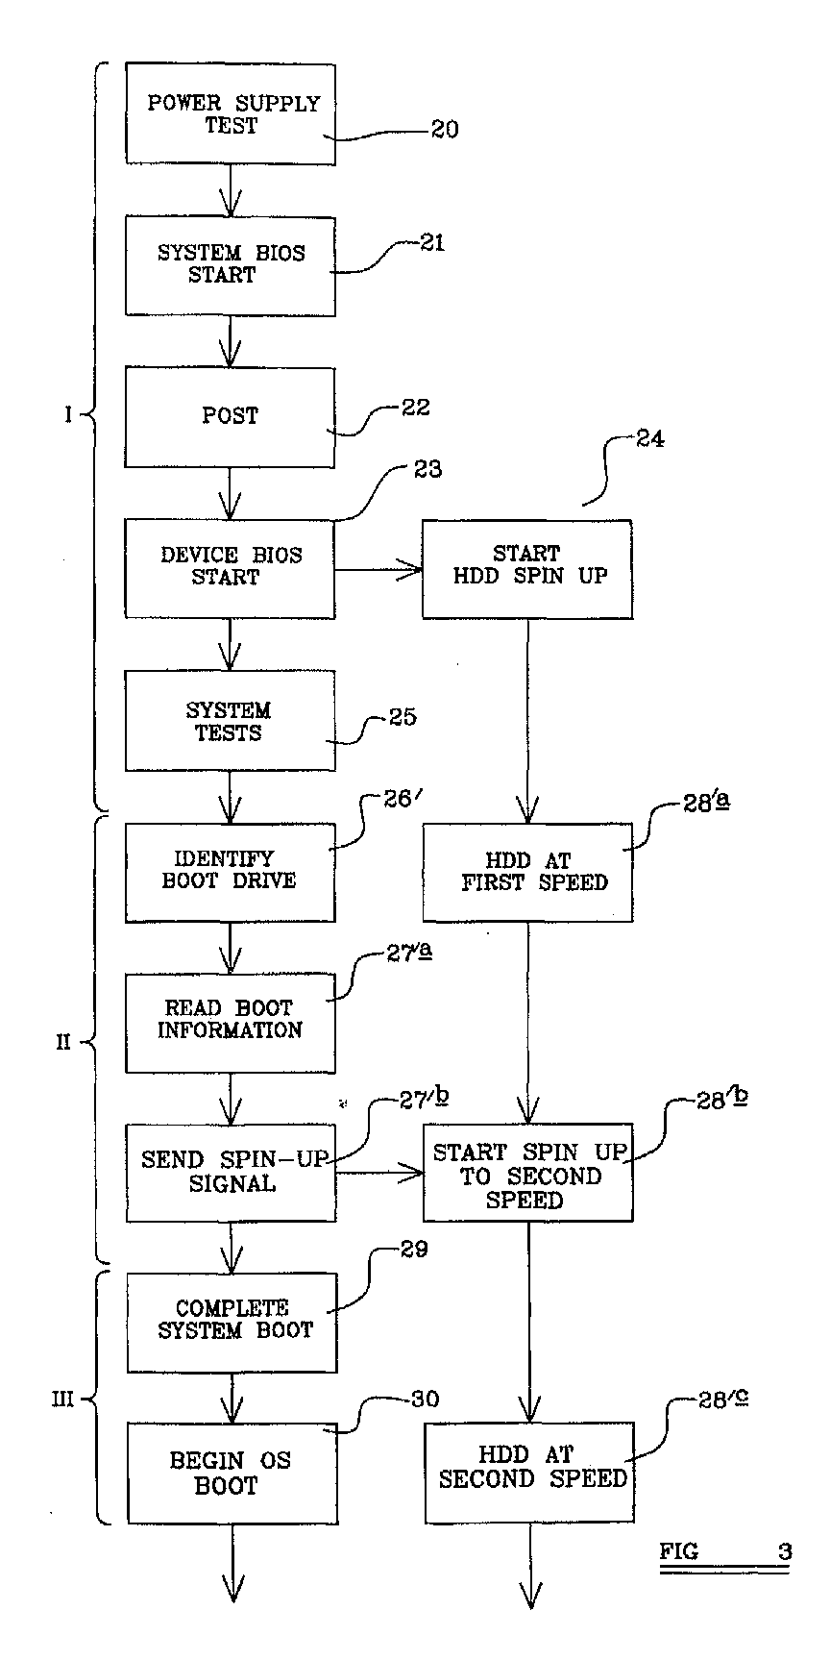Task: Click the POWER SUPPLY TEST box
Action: [231, 113]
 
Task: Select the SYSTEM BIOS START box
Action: [231, 265]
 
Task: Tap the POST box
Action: [231, 417]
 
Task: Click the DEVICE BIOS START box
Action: [231, 569]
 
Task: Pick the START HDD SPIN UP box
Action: [527, 569]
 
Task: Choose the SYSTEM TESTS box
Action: [231, 721]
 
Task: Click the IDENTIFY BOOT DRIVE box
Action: [231, 872]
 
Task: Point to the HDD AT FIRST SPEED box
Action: [528, 872]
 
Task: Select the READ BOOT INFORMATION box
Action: [231, 1023]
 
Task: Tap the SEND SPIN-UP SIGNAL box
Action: [231, 1173]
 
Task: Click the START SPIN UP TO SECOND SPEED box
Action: [528, 1173]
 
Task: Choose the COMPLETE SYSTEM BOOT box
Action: [232, 1323]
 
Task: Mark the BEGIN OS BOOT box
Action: [232, 1474]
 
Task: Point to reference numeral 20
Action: [444, 129]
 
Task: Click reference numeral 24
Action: [648, 439]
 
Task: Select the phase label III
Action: [62, 1400]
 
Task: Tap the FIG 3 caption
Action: [725, 1551]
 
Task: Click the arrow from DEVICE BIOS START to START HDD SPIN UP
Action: [379, 570]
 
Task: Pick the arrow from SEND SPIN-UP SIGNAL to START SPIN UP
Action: [379, 1173]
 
